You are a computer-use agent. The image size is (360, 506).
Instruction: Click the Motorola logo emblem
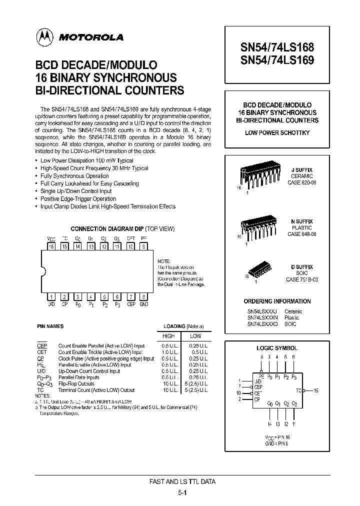45,36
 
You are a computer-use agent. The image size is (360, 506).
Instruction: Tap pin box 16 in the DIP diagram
50,246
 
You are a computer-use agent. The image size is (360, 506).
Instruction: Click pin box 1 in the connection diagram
50,296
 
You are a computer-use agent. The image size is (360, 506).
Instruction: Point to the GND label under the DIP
144,304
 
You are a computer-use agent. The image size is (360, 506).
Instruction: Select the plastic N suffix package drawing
257,227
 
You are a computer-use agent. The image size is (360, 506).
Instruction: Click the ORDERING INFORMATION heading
277,301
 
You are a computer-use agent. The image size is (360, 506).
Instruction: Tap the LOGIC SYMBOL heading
277,348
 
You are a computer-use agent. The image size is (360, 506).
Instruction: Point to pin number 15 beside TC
316,390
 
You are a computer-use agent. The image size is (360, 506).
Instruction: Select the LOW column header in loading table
195,336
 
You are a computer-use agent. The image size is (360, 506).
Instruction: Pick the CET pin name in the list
42,352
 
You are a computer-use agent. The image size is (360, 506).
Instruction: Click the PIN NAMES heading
50,326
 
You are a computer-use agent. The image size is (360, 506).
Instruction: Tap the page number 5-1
182,492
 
